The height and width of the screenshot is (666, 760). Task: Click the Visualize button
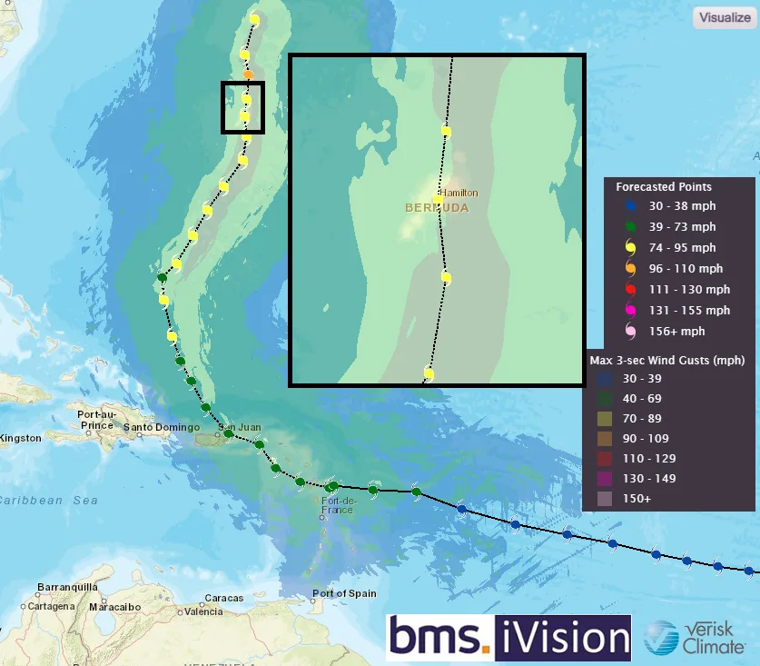click(x=723, y=17)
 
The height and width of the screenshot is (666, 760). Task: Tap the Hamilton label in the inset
click(x=459, y=193)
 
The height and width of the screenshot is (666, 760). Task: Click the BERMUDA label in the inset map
click(x=437, y=208)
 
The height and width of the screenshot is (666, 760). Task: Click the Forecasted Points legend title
click(x=664, y=187)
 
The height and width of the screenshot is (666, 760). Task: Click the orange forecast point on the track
click(x=248, y=74)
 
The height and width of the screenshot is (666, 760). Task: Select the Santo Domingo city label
click(x=161, y=427)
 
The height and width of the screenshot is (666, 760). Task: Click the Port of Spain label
click(x=343, y=593)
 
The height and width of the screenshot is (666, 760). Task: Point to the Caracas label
click(x=223, y=598)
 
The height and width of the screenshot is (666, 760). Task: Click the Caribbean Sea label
click(x=49, y=501)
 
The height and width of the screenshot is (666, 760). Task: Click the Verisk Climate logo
click(x=695, y=638)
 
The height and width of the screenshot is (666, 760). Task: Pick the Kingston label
click(x=20, y=438)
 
